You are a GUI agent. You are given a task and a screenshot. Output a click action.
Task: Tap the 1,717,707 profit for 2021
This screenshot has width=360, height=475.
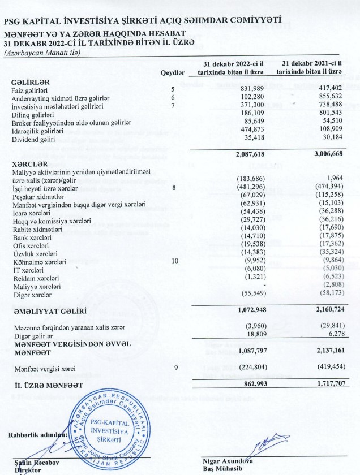tap(325, 384)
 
